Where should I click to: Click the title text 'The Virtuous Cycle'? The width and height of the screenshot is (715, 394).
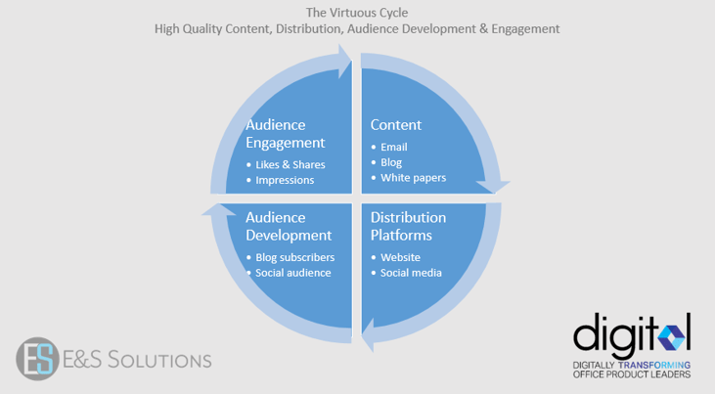[x=357, y=12]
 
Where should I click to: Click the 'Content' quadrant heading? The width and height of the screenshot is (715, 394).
[x=396, y=125]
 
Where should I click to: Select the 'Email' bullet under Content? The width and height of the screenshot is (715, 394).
[x=394, y=147]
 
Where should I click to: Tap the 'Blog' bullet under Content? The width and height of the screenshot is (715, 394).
[x=391, y=162]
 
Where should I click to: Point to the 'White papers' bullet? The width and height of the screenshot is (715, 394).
[x=413, y=178]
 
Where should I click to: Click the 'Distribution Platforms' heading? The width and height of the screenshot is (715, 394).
[x=408, y=226]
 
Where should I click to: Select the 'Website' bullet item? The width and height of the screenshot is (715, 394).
[x=401, y=257]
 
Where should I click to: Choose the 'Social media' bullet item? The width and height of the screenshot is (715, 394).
[x=411, y=273]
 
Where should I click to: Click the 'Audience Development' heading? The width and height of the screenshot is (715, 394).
[x=289, y=226]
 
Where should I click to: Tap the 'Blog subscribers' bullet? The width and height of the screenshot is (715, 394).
[x=295, y=257]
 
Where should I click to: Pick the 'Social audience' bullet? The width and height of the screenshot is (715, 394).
[x=292, y=273]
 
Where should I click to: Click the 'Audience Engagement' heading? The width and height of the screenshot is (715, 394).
[x=286, y=134]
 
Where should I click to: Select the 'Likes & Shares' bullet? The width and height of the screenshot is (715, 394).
[x=290, y=164]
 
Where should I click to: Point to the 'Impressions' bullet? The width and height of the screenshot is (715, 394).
[x=285, y=180]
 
